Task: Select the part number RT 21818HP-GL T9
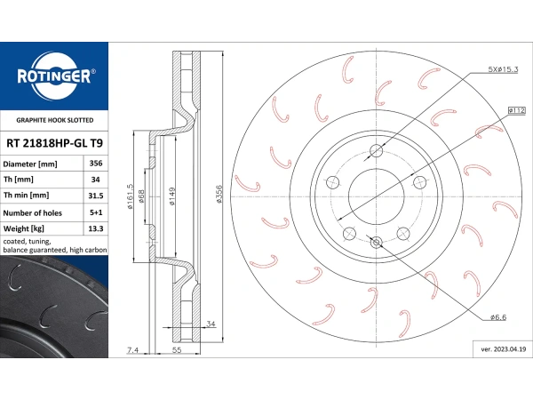coord(54,143)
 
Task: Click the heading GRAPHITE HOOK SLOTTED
coord(55,120)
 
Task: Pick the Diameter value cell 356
coord(96,164)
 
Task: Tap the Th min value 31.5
coord(96,196)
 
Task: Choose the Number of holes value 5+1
coord(96,212)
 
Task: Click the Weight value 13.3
coord(96,228)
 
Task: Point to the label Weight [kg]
coord(23,228)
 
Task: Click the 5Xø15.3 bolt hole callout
coord(503,69)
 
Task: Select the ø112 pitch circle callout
coord(517,110)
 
